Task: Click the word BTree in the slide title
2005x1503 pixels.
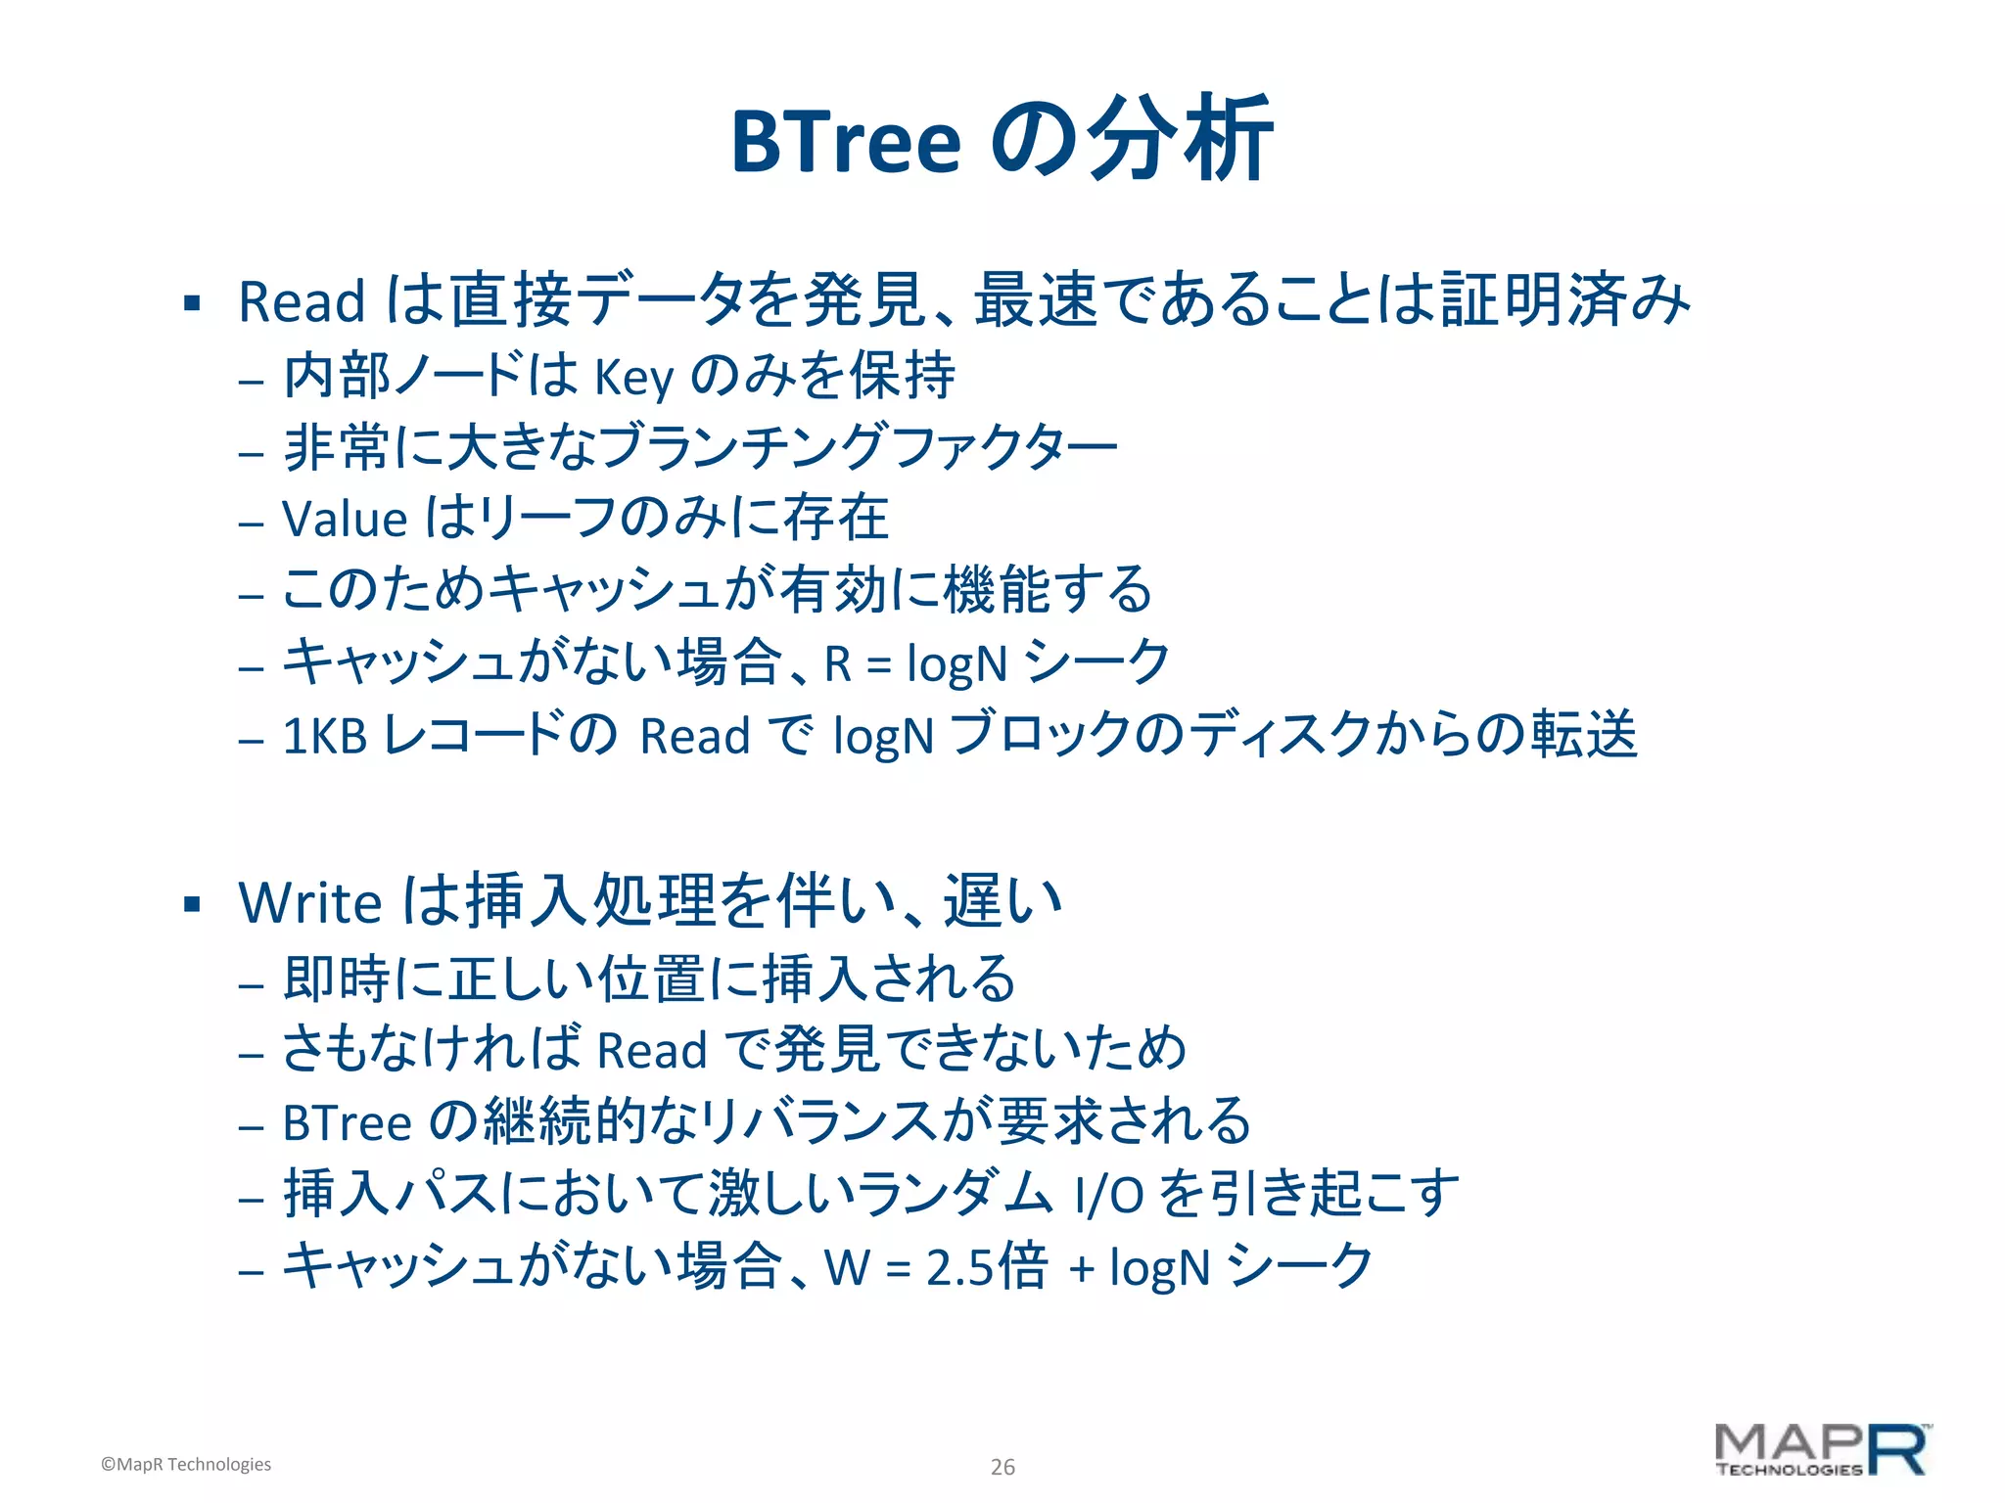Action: (846, 142)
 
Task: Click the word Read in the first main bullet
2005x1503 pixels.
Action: (302, 301)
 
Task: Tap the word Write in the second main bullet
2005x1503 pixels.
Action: (309, 902)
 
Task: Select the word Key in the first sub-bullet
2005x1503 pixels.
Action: (634, 377)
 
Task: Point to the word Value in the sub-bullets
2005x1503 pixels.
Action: (345, 519)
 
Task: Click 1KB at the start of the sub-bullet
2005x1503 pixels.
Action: (324, 736)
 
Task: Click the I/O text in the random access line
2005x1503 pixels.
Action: (1108, 1195)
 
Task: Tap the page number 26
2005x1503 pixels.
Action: (1002, 1467)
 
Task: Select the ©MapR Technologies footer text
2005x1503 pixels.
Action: (186, 1464)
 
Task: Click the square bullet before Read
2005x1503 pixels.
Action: (192, 303)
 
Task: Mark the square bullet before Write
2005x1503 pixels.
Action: (192, 904)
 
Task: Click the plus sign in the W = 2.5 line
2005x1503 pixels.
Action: (1081, 1269)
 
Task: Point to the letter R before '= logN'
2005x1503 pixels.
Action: (837, 663)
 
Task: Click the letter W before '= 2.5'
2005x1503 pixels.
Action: (847, 1268)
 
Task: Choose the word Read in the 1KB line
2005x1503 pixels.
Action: (694, 737)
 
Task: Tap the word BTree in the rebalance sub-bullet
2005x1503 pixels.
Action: (347, 1123)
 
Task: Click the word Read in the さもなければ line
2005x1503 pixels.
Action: (651, 1051)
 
